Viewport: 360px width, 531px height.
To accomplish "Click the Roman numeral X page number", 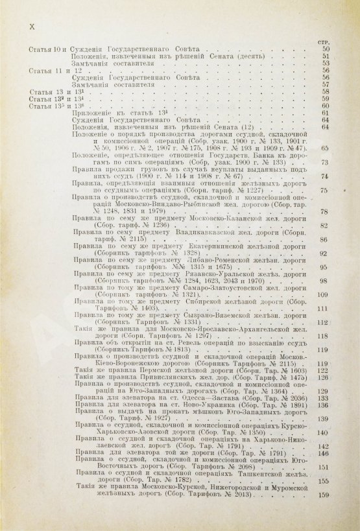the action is [25, 26].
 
